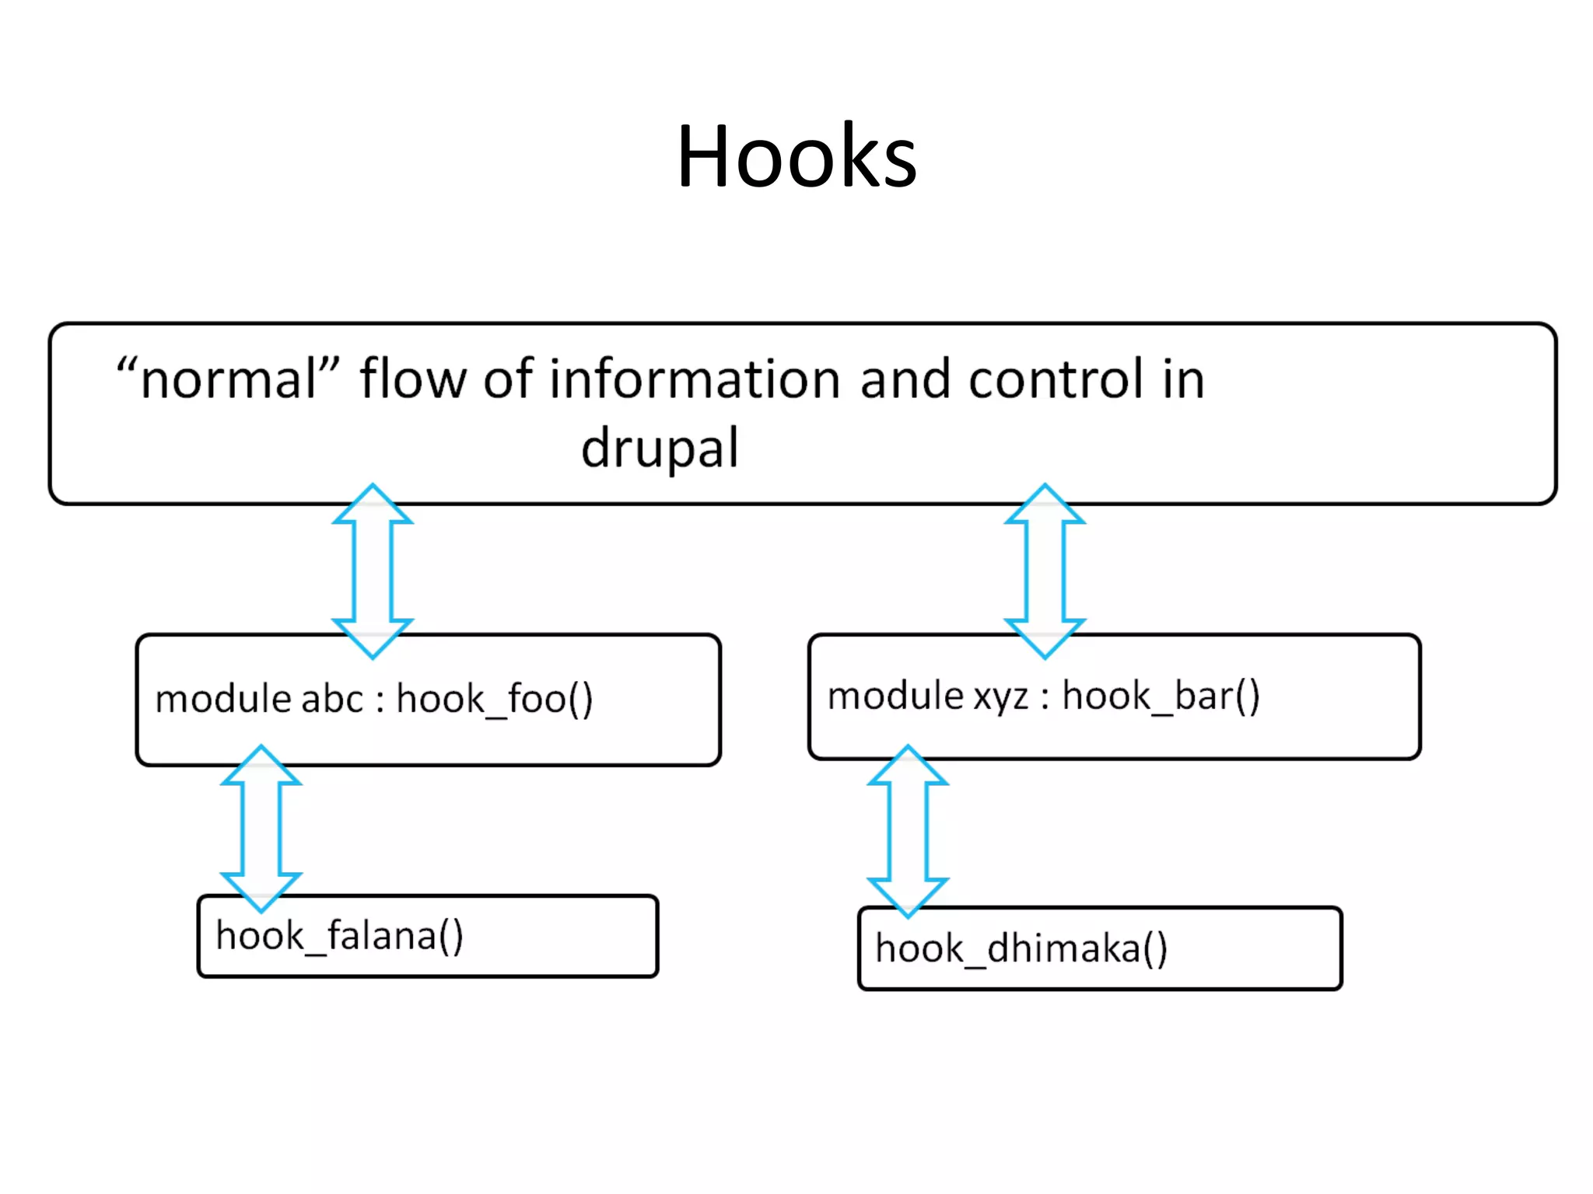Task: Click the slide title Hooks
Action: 796,158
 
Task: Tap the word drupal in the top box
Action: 660,449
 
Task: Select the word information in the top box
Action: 695,379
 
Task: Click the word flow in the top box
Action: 412,379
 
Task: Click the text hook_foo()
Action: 495,698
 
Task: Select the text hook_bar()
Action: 1161,695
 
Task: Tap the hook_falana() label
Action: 339,935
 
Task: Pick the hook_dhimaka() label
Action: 1021,948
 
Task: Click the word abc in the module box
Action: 332,698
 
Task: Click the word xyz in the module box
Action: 1001,695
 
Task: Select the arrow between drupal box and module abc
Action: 373,571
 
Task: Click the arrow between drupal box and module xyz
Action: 1045,571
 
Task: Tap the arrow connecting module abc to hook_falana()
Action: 261,829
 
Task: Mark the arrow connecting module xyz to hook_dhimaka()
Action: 908,831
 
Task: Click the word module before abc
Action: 223,698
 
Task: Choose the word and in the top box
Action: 905,379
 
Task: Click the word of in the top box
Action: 507,379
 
